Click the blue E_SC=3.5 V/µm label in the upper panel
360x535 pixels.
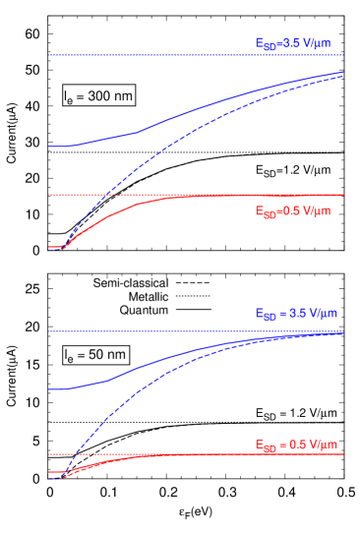[292, 43]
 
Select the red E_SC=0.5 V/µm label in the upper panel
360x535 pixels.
[292, 210]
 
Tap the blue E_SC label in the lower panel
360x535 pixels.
[296, 315]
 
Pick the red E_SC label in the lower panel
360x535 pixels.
[296, 445]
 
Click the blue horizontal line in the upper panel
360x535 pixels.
[148, 55]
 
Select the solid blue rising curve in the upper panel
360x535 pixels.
[197, 109]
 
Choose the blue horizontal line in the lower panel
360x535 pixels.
[148, 331]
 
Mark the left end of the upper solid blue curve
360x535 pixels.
[49, 147]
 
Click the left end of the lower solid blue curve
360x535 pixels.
[49, 389]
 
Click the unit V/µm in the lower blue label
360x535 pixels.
[321, 315]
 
